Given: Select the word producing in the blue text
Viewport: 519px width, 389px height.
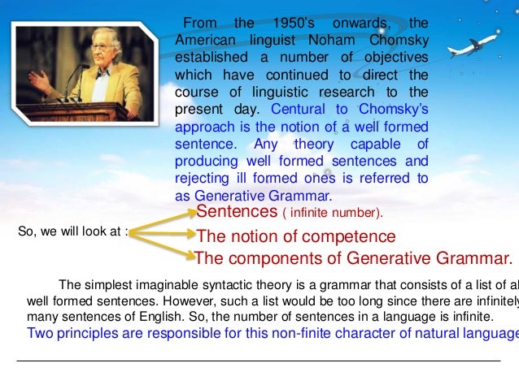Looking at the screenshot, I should point(211,162).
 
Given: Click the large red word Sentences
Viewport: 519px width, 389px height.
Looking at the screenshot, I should point(237,212).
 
